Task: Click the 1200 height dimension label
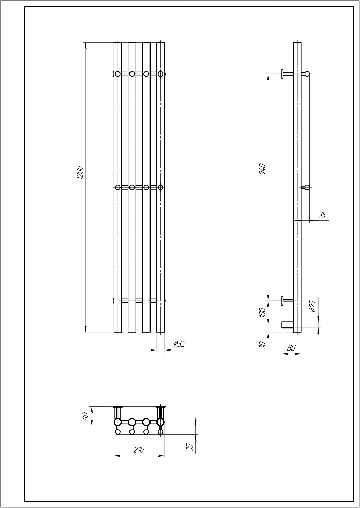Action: tap(80, 173)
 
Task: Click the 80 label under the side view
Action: tap(291, 348)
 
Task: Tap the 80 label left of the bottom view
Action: tap(86, 416)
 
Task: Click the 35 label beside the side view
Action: tap(322, 214)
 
